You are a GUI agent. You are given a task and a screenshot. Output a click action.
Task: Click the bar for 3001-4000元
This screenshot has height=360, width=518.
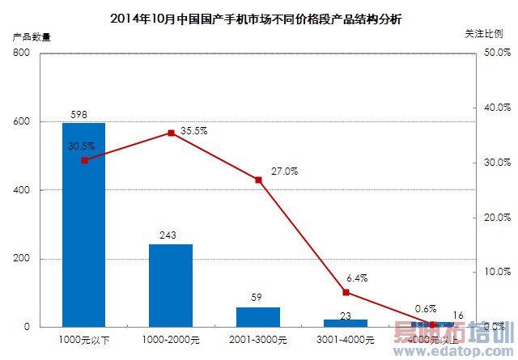click(346, 323)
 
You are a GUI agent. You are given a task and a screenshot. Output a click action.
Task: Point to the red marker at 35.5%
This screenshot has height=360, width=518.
click(171, 133)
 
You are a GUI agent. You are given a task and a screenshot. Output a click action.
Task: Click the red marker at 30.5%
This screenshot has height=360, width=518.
click(84, 160)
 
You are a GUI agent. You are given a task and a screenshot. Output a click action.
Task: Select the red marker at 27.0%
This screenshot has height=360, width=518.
click(258, 180)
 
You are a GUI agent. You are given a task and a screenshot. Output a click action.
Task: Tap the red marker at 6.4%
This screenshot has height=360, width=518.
click(346, 292)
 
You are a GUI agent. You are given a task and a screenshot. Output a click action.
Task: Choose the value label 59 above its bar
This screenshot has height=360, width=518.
click(258, 298)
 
